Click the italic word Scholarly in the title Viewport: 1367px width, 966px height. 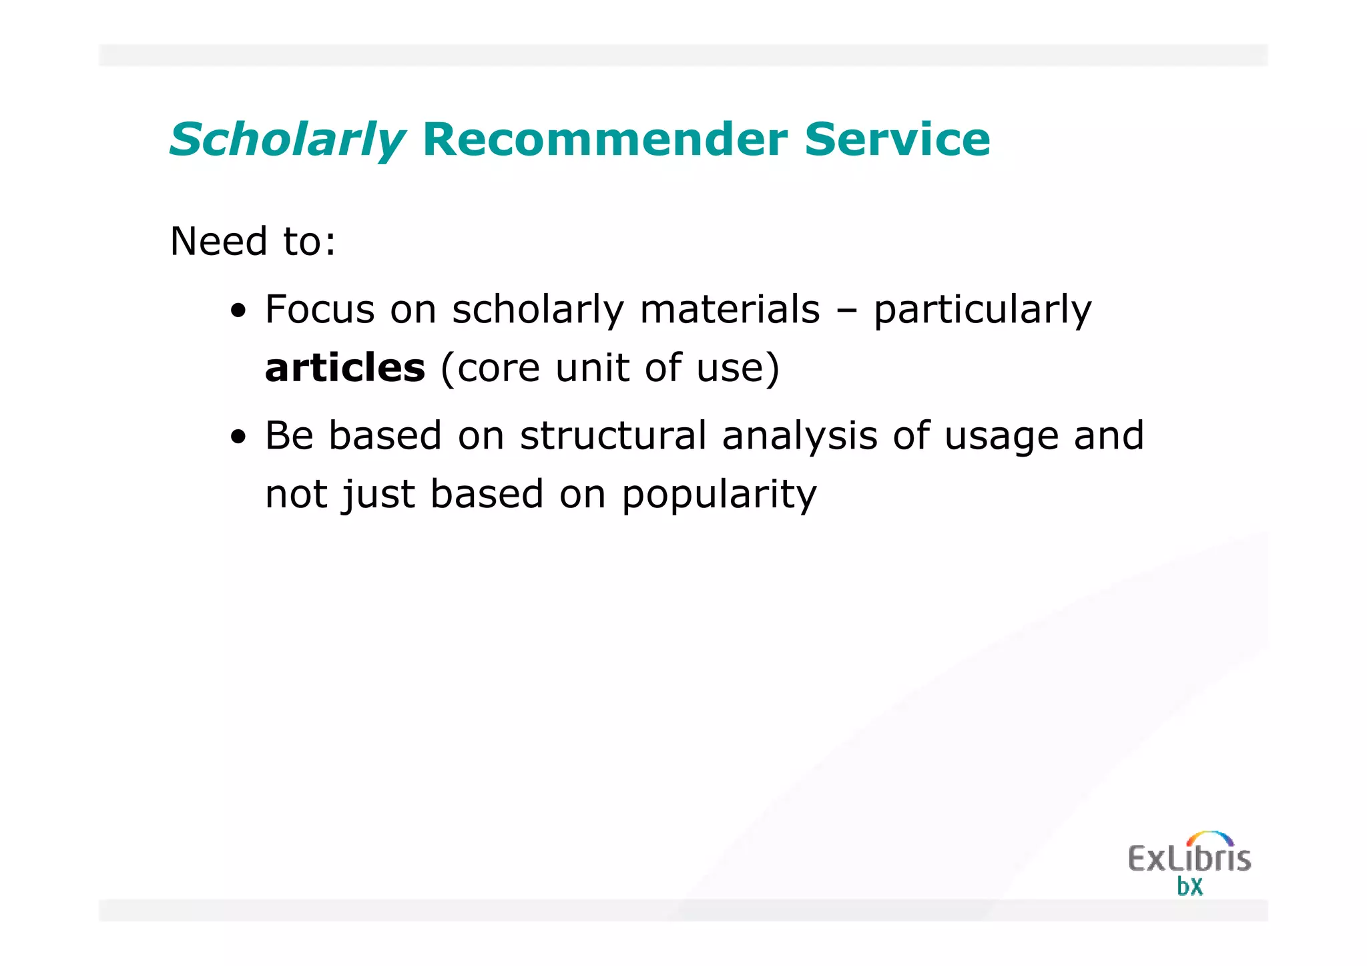(287, 140)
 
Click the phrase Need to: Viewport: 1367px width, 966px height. (253, 241)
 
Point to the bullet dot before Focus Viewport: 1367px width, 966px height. (238, 311)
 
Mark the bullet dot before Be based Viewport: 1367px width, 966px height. (238, 438)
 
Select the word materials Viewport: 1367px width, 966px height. (730, 310)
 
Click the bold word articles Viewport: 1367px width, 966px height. (345, 368)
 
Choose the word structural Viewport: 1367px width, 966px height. (613, 435)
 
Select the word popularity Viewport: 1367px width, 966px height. (719, 495)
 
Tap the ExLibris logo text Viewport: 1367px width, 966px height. (1189, 859)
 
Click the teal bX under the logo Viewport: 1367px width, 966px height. (1189, 887)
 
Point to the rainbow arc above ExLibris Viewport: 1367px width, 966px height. (1209, 837)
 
